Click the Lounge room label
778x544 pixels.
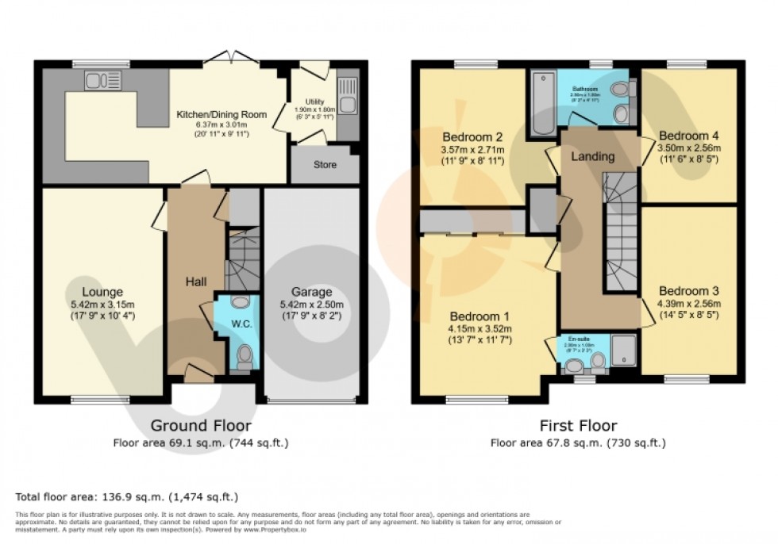[x=101, y=291]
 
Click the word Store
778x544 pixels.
[x=324, y=165]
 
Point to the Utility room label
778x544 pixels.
[x=310, y=99]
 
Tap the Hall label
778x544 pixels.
[x=196, y=282]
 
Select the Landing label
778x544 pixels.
[x=593, y=156]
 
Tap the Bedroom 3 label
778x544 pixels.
[x=688, y=291]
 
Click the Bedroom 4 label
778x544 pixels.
[x=689, y=135]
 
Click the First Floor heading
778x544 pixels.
[x=578, y=426]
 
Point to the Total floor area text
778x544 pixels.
[x=127, y=497]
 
